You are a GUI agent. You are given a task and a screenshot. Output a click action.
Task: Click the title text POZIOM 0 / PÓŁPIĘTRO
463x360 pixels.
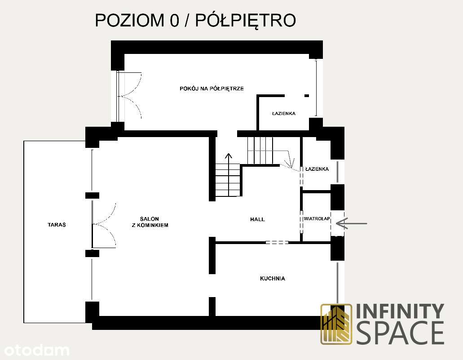195,21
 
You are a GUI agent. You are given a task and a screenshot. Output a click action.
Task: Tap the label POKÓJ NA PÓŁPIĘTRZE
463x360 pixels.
212,89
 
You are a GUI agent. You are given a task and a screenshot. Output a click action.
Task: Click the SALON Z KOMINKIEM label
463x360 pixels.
150,222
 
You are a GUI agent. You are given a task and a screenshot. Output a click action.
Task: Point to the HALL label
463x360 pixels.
257,219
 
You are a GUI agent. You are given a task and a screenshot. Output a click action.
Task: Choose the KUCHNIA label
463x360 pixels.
272,279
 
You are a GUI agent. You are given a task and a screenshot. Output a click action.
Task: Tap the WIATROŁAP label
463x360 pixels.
317,219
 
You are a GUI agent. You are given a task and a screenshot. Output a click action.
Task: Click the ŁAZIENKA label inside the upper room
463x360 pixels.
283,114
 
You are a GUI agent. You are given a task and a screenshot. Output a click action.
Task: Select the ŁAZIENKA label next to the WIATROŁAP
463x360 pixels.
317,169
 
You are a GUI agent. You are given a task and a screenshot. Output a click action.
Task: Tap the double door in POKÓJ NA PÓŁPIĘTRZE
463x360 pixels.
130,95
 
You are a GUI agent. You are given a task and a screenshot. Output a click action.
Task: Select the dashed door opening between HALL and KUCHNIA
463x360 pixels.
277,243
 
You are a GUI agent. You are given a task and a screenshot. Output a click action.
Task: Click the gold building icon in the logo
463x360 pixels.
336,324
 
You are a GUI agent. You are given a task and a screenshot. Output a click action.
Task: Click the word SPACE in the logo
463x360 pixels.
400,333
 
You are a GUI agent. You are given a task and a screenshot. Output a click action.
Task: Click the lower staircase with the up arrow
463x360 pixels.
229,180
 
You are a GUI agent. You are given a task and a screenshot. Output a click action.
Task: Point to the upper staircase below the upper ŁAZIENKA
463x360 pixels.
260,151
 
